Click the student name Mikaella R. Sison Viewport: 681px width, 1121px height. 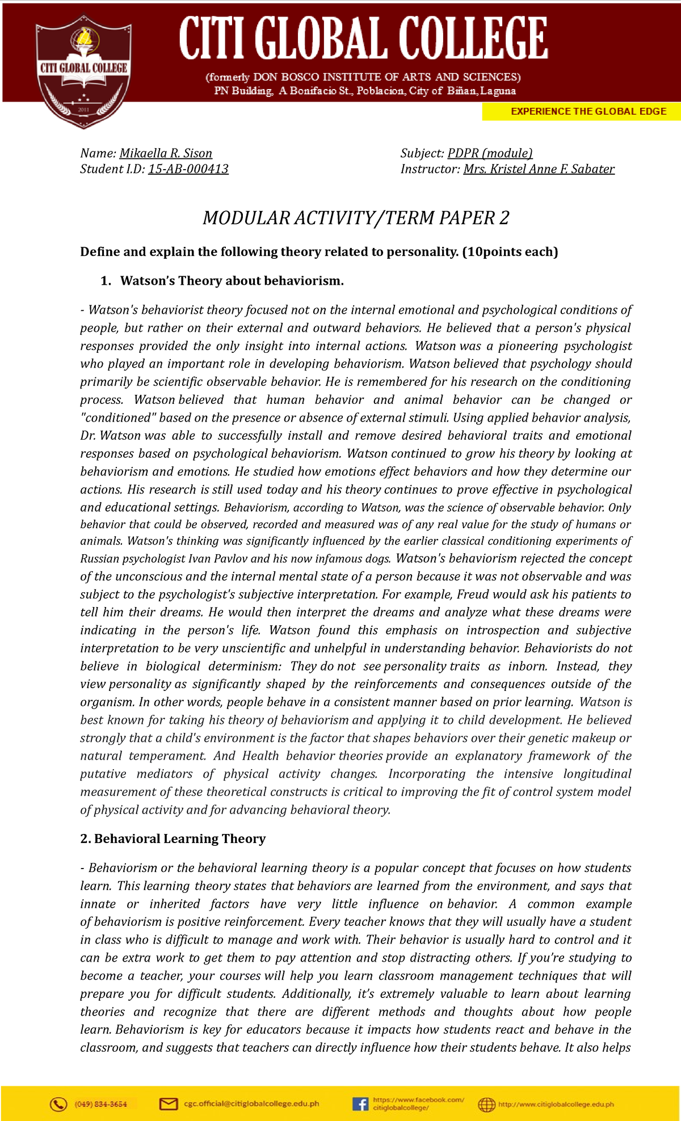click(x=166, y=153)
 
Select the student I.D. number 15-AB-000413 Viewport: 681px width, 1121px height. click(x=188, y=169)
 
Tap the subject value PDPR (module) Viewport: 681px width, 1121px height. click(x=490, y=153)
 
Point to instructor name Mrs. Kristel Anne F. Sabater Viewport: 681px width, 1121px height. click(x=539, y=169)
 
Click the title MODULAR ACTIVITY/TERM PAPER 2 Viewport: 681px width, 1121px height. click(x=356, y=218)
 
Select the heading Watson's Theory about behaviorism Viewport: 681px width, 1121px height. click(x=232, y=281)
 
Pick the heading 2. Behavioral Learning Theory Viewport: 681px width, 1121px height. click(x=173, y=838)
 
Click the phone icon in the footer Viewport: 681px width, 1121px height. click(x=58, y=1103)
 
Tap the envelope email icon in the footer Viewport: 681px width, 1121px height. click(x=169, y=1103)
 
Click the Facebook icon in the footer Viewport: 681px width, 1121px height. click(x=360, y=1103)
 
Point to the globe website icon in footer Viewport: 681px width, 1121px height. click(x=486, y=1104)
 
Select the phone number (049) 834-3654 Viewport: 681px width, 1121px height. click(x=101, y=1104)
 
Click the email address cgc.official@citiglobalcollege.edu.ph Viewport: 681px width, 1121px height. click(x=251, y=1103)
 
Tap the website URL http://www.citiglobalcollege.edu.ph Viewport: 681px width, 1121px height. click(x=556, y=1104)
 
